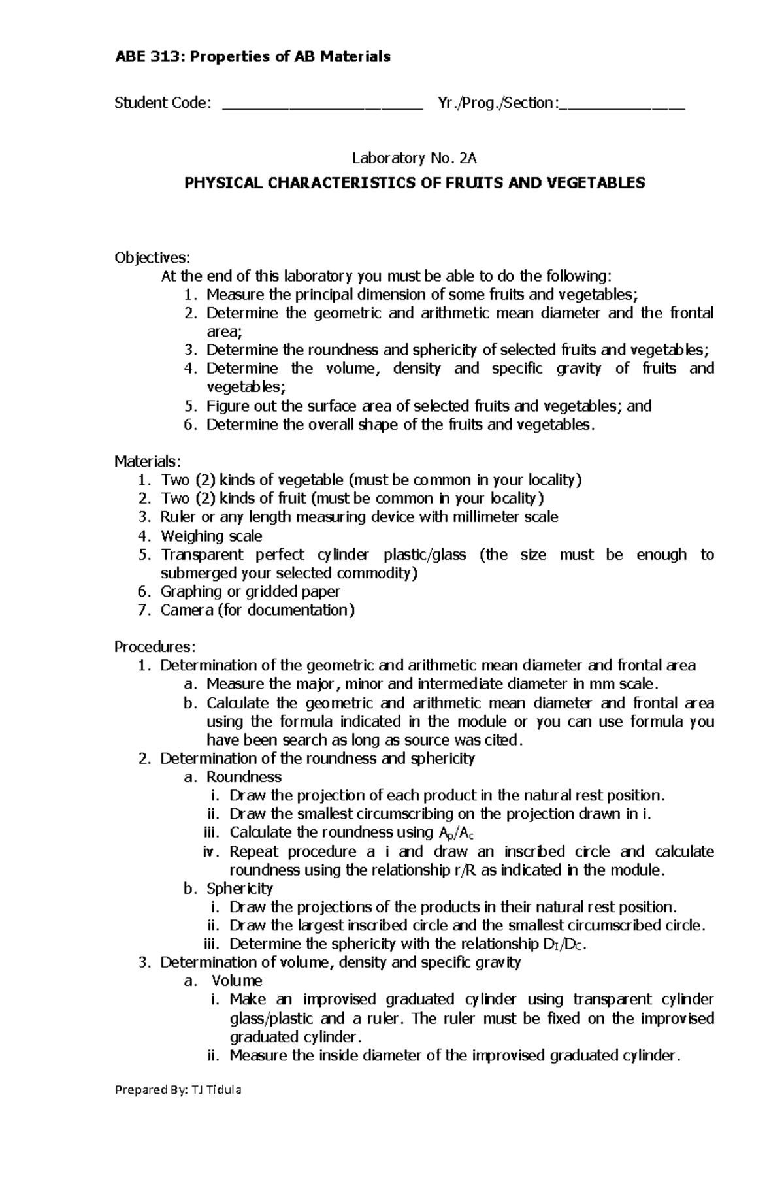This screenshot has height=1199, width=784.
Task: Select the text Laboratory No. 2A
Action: click(x=415, y=157)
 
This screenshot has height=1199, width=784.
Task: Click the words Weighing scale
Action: click(x=211, y=536)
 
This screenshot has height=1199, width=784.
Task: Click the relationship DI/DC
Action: click(x=560, y=944)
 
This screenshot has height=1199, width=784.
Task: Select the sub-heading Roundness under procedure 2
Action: click(x=244, y=777)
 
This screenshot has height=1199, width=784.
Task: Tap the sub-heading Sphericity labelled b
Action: click(x=239, y=889)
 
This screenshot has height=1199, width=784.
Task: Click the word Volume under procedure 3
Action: click(x=237, y=981)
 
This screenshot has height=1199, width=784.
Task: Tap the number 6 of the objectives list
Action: click(x=190, y=425)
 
